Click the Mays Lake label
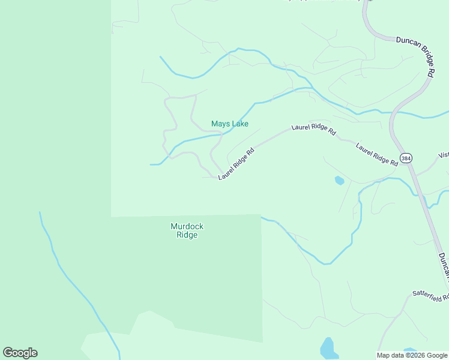click(x=230, y=124)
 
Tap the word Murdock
click(x=187, y=226)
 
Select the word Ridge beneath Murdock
click(x=187, y=235)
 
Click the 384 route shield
click(x=406, y=158)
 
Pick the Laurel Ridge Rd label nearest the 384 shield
click(x=376, y=154)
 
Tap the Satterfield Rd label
click(x=430, y=295)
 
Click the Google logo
click(x=20, y=353)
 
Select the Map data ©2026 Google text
click(x=412, y=355)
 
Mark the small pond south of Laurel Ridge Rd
click(x=339, y=180)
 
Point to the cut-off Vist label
click(x=444, y=155)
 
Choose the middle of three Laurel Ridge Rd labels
click(x=313, y=129)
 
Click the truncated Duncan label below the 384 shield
click(x=443, y=264)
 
